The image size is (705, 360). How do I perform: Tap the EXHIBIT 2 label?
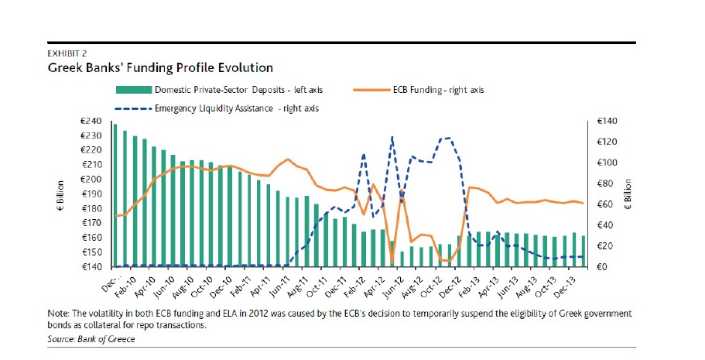[x=67, y=54]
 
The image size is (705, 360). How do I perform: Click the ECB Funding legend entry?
[x=445, y=90]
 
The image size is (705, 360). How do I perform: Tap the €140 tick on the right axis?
[x=607, y=121]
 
